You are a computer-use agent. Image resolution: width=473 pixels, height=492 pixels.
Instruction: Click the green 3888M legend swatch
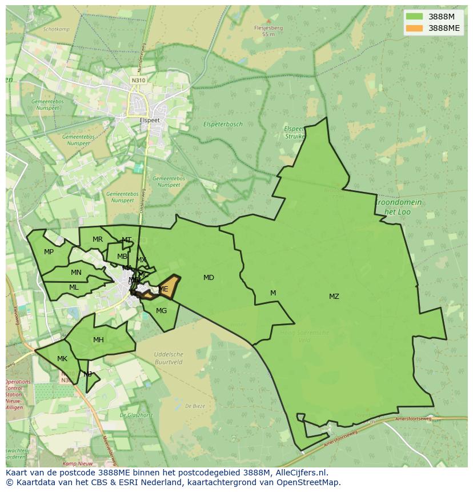tap(414, 17)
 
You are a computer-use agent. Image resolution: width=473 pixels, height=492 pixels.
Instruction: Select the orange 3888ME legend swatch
tap(414, 28)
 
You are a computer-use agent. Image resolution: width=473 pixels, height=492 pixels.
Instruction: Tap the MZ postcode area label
tap(334, 296)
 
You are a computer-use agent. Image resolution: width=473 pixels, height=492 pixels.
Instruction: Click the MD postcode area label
tap(209, 278)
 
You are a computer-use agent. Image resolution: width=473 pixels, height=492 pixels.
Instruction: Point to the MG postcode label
tap(161, 311)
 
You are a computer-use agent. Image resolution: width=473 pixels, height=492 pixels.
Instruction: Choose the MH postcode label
tap(98, 340)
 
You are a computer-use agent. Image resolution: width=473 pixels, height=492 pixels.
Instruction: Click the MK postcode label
tap(62, 359)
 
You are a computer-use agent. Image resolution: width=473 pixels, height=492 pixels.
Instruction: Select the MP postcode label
tap(49, 252)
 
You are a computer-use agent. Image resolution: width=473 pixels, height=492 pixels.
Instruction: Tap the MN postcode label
tap(76, 273)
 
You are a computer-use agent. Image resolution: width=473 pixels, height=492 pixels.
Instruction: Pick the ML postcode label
tap(74, 287)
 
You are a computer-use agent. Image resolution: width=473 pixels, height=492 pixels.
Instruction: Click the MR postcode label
tap(98, 239)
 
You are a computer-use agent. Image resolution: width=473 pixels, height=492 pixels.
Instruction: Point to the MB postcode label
tap(122, 257)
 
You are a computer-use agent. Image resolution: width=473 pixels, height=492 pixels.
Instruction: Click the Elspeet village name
tap(150, 121)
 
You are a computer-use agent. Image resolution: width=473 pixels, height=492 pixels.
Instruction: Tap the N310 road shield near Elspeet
tap(138, 81)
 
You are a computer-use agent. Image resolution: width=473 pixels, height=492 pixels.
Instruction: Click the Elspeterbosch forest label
tap(223, 124)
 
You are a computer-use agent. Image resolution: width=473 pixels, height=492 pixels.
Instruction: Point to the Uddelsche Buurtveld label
tap(169, 358)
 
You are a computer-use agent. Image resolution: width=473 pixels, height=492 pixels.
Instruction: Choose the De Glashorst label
tap(137, 415)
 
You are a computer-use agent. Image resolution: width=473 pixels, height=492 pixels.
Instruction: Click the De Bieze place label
tap(195, 406)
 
